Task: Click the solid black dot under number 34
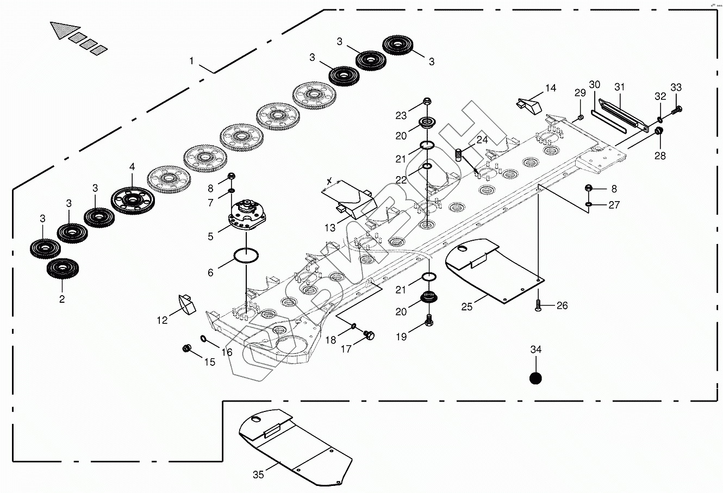[536, 378]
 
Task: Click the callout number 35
[258, 475]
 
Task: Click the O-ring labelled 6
[246, 255]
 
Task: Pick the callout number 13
[329, 228]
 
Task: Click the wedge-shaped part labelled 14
[529, 105]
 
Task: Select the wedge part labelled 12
[186, 304]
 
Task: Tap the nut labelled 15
[188, 348]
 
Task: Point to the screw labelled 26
[538, 305]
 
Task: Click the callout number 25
[466, 307]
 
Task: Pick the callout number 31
[620, 87]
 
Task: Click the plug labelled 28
[658, 131]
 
